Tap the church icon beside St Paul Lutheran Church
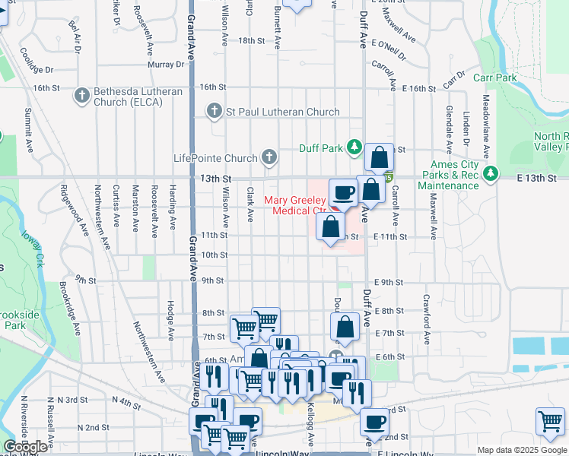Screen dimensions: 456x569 215,112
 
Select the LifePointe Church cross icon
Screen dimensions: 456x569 268,157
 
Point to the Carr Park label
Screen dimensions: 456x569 494,78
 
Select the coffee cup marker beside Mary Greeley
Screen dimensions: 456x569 342,192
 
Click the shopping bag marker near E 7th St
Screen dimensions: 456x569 345,326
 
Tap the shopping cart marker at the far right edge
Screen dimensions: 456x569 550,420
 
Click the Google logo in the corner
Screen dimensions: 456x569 24,447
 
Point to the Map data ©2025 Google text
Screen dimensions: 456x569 522,450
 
